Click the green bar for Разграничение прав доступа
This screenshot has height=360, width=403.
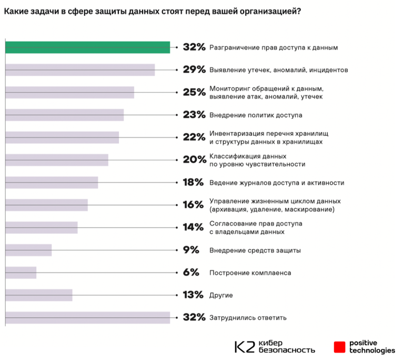(87, 47)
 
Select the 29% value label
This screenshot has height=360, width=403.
(194, 69)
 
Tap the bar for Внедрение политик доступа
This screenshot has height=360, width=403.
(64, 115)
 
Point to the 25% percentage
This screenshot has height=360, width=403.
(194, 92)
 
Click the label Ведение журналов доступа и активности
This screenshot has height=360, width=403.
(277, 183)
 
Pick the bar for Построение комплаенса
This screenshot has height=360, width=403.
(21, 273)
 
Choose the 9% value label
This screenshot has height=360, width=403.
(191, 250)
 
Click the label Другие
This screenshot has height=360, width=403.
(221, 295)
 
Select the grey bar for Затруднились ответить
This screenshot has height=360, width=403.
(87, 317)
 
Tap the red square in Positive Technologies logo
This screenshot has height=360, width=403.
(340, 347)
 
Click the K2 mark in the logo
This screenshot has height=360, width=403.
(245, 347)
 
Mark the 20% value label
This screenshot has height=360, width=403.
(194, 160)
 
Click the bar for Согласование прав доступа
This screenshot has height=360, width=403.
(41, 227)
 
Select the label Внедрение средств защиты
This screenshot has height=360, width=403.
(255, 250)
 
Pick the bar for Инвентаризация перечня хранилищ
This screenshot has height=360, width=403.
(62, 137)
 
